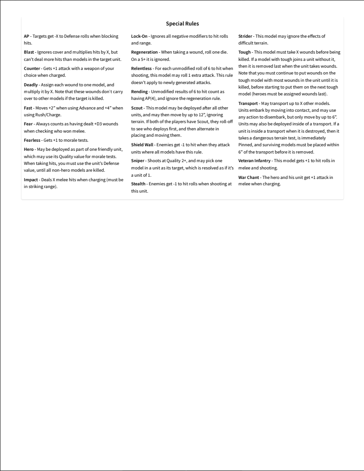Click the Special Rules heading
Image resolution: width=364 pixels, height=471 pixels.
click(x=182, y=24)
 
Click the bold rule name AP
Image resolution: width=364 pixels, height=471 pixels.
click(x=27, y=36)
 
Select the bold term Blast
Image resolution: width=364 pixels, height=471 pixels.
click(x=29, y=53)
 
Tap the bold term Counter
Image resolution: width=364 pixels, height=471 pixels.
click(x=32, y=69)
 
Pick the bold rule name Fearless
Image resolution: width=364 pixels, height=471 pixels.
click(x=33, y=140)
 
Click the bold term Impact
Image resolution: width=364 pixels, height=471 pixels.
click(x=31, y=179)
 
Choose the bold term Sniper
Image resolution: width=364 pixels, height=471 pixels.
click(x=138, y=161)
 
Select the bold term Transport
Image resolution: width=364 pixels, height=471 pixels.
click(x=249, y=104)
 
